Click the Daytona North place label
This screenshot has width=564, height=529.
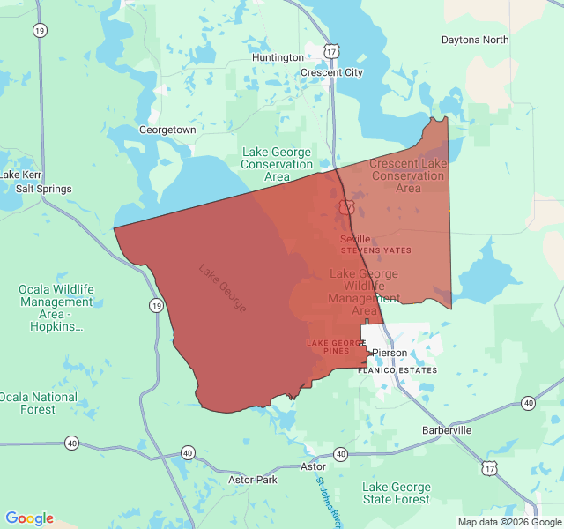[x=475, y=40]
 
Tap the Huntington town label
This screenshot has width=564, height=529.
[x=278, y=57]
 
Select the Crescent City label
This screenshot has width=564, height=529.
[x=331, y=72]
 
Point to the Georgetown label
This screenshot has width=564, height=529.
[x=167, y=130]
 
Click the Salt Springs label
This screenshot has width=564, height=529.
[x=43, y=189]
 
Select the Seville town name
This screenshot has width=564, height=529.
[x=355, y=239]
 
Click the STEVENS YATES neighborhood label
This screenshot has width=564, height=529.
[x=376, y=251]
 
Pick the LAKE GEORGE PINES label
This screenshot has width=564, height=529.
[x=336, y=346]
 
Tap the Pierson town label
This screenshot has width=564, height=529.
[x=390, y=353]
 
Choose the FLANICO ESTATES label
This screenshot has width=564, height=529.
[x=397, y=370]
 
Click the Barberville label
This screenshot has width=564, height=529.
[x=447, y=429]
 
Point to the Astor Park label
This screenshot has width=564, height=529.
[x=253, y=480]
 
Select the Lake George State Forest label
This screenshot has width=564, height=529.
[x=397, y=494]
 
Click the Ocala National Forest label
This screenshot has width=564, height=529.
[x=38, y=403]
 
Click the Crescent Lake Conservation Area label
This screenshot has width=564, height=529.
[x=408, y=175]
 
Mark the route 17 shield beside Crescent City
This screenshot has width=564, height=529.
[x=330, y=52]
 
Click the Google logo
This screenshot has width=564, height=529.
[x=29, y=518]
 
